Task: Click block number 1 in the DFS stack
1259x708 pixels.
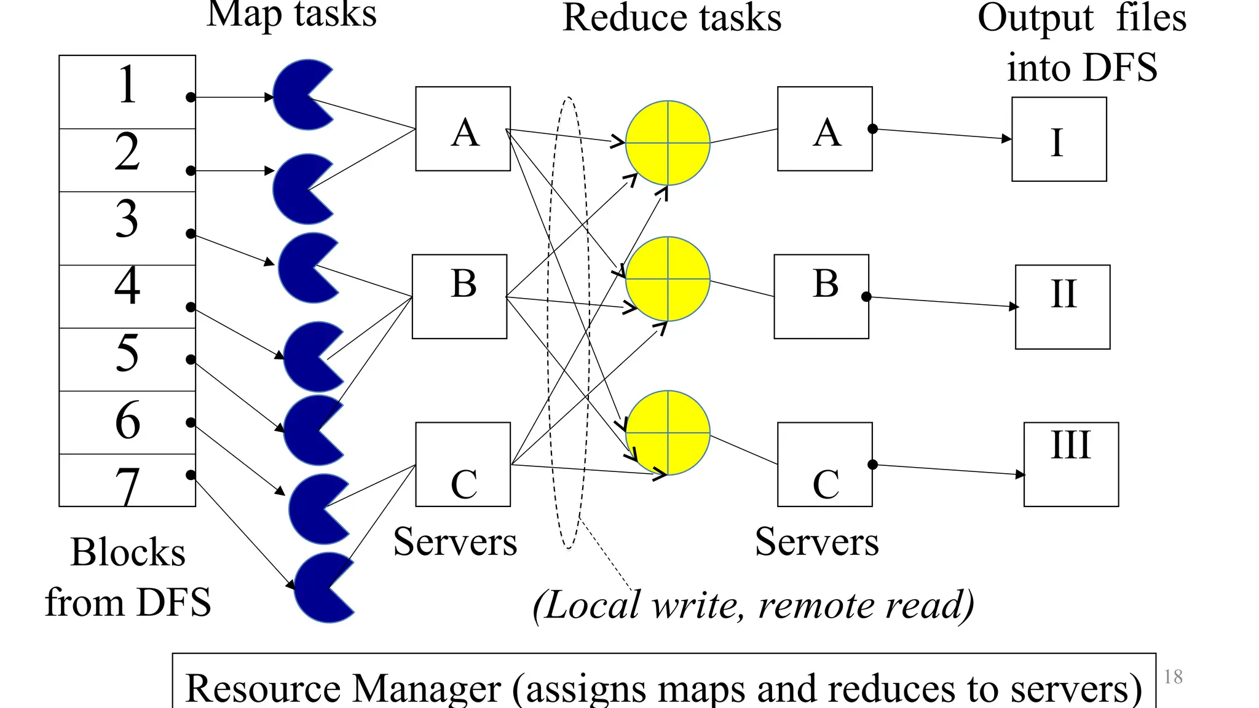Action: (x=127, y=92)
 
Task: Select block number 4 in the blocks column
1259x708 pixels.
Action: (x=127, y=296)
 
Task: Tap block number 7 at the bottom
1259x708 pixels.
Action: (x=127, y=482)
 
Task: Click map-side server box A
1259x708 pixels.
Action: (x=463, y=129)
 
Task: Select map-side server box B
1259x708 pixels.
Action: (x=459, y=296)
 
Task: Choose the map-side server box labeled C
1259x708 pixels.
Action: (x=463, y=465)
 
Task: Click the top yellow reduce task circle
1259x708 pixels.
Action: (x=668, y=143)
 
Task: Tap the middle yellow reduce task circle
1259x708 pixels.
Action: (x=668, y=279)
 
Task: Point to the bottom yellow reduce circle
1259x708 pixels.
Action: (x=668, y=433)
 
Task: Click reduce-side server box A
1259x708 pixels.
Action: (x=824, y=129)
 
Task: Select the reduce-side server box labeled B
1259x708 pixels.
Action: (x=821, y=296)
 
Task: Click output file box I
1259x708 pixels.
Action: (x=1059, y=140)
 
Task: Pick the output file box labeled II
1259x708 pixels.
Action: (x=1062, y=307)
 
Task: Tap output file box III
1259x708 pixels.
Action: (x=1071, y=465)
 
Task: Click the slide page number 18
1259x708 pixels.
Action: (x=1173, y=677)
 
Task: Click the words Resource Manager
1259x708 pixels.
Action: (x=343, y=688)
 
